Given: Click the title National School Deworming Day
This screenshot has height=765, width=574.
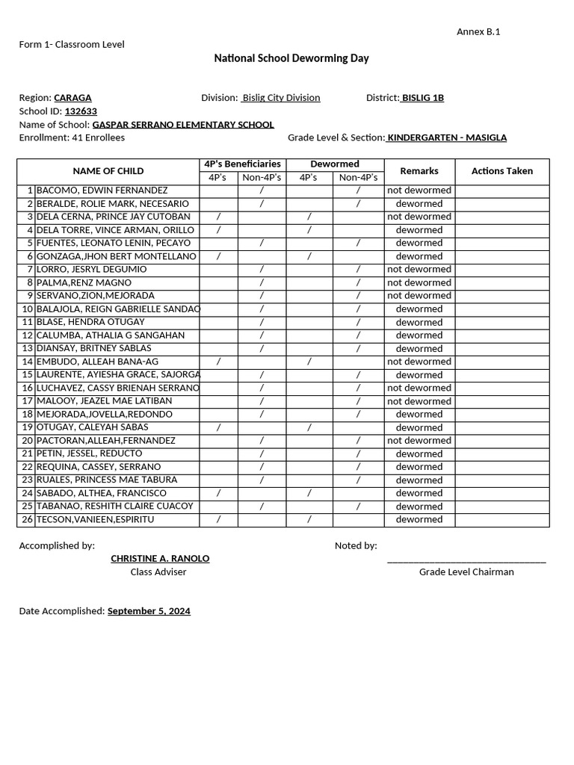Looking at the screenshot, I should pos(291,58).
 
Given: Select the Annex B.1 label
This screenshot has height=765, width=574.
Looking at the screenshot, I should pos(478,31).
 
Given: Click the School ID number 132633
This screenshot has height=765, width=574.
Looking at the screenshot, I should pos(81,111).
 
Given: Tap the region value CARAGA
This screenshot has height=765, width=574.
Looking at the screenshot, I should pos(72,98).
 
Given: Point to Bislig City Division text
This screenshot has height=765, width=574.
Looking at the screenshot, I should pos(280,98).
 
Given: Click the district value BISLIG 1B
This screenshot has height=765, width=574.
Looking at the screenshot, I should pos(422,98).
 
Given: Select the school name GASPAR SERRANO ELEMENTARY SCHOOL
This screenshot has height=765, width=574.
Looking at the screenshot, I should pos(182,125).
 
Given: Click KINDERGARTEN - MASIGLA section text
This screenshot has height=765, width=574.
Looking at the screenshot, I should pos(446,137).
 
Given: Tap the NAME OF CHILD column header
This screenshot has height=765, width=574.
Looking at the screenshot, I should pos(108,171).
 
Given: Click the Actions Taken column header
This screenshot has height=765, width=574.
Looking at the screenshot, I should pos(502,171).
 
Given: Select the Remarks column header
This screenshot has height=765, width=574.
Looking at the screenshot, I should pos(419,171).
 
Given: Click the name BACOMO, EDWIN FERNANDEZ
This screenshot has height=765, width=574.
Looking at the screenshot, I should pos(102,191).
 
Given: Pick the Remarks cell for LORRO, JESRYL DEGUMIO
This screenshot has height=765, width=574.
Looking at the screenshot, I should pos(419,270).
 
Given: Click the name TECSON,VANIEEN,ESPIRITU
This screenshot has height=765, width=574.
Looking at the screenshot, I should pos(96,519).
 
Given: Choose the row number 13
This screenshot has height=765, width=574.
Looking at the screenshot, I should pos(28,348).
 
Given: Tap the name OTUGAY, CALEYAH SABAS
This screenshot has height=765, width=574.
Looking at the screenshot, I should pos(93,427).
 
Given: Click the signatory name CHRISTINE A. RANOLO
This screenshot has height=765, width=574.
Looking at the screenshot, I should pos(160,559).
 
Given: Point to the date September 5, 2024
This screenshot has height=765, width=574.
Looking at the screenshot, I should pos(149,611).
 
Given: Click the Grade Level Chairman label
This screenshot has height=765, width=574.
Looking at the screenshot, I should pos(466,572).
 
